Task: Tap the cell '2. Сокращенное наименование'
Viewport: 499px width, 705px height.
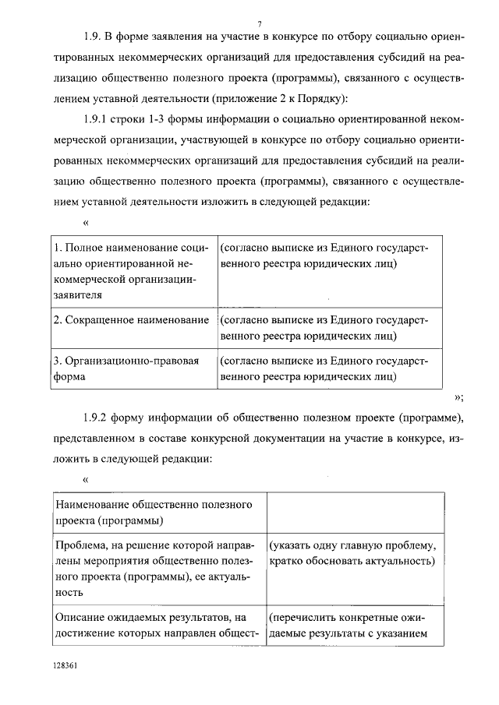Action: [131, 320]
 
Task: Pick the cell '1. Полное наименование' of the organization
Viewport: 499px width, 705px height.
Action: [131, 271]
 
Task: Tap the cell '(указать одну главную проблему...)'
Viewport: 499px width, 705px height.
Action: [354, 554]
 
